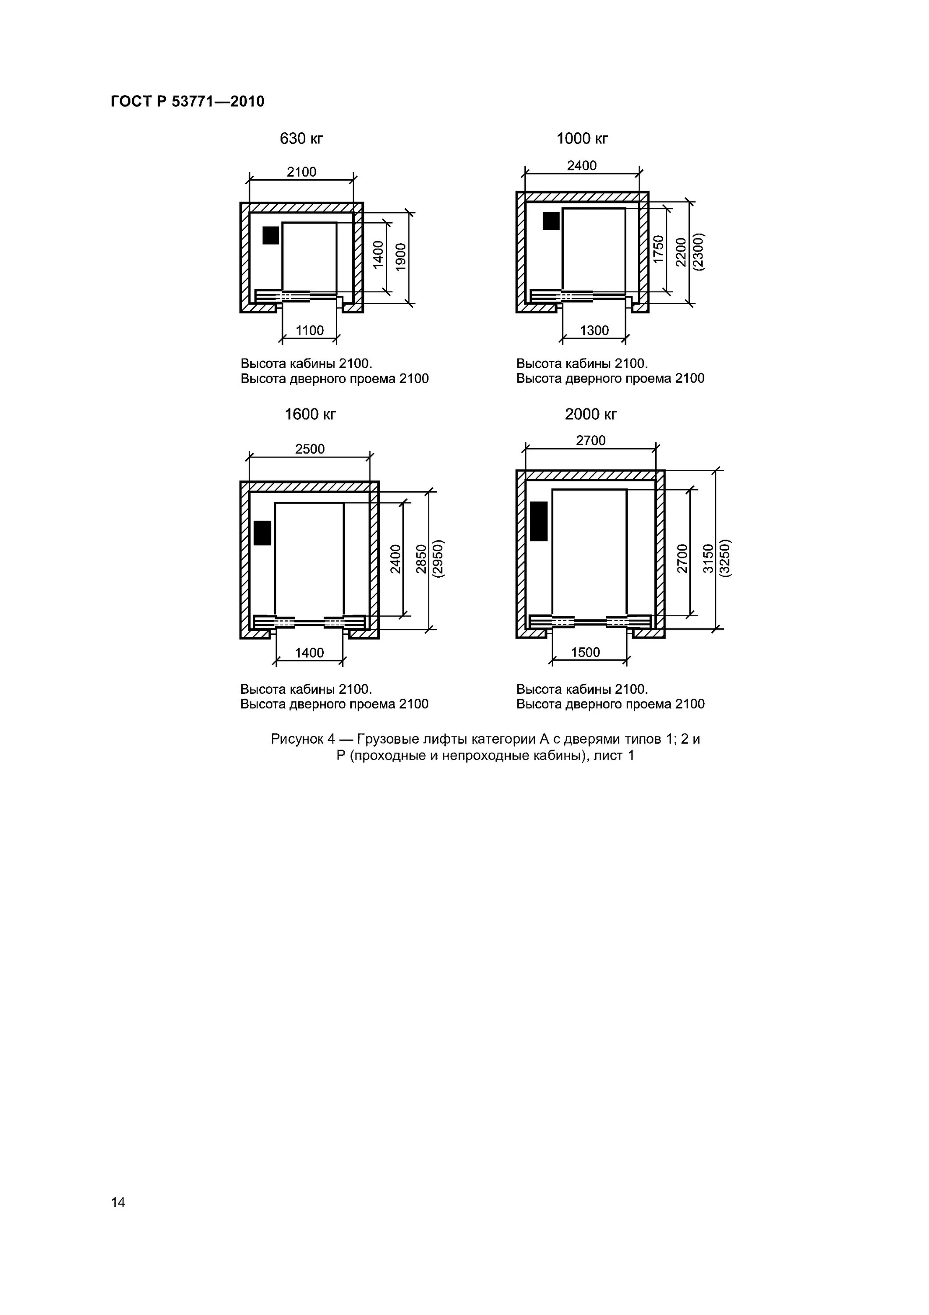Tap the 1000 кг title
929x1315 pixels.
pyautogui.click(x=582, y=139)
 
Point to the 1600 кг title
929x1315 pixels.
pyautogui.click(x=310, y=414)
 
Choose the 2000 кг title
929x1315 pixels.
pyautogui.click(x=591, y=414)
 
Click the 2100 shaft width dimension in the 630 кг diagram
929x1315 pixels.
pyautogui.click(x=302, y=172)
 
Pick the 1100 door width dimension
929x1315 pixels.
pyautogui.click(x=310, y=331)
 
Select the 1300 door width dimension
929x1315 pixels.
pyautogui.click(x=594, y=331)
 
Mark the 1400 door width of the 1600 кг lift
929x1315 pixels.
pyautogui.click(x=309, y=653)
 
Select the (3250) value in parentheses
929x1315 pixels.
pyautogui.click(x=726, y=558)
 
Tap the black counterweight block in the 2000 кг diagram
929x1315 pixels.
pyautogui.click(x=539, y=521)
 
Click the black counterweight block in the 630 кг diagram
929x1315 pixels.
pyautogui.click(x=271, y=235)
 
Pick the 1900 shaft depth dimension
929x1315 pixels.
pyautogui.click(x=401, y=256)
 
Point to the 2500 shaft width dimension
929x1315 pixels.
pyautogui.click(x=310, y=449)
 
